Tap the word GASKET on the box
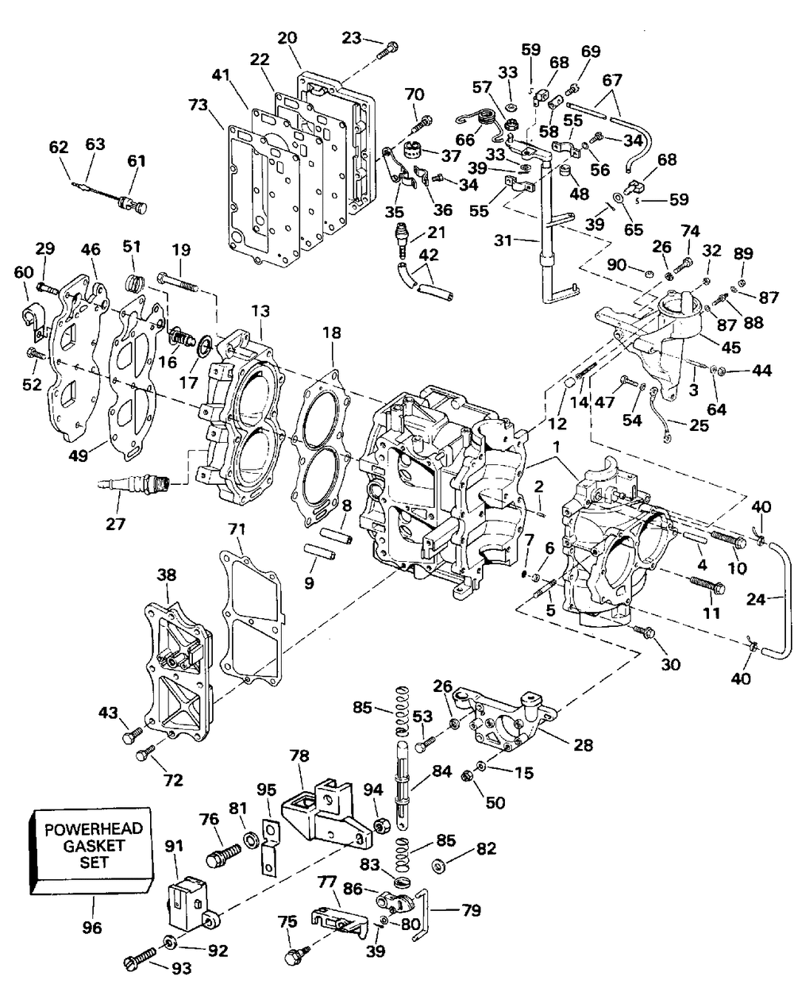point(94,845)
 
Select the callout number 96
point(91,928)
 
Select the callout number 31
point(505,240)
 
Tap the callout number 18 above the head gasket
point(331,332)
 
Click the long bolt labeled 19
point(178,282)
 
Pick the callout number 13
point(260,311)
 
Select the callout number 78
point(299,755)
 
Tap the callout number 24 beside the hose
point(756,598)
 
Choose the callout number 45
point(730,347)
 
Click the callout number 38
point(167,575)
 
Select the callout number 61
point(137,161)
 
